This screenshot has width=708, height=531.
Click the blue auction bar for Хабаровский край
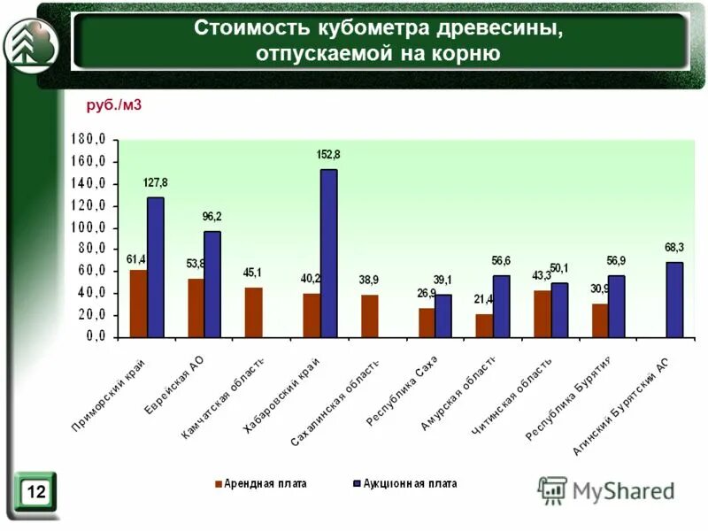click(328, 253)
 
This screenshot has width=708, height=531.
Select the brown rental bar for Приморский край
click(138, 304)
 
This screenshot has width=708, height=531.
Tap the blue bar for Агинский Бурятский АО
click(674, 299)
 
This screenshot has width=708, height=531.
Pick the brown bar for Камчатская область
click(254, 312)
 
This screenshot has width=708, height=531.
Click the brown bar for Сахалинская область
click(369, 316)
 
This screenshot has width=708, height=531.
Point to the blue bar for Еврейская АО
click(212, 284)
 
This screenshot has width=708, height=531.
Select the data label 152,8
click(328, 155)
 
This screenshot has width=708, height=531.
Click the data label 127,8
click(156, 182)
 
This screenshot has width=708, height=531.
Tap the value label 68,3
click(674, 247)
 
